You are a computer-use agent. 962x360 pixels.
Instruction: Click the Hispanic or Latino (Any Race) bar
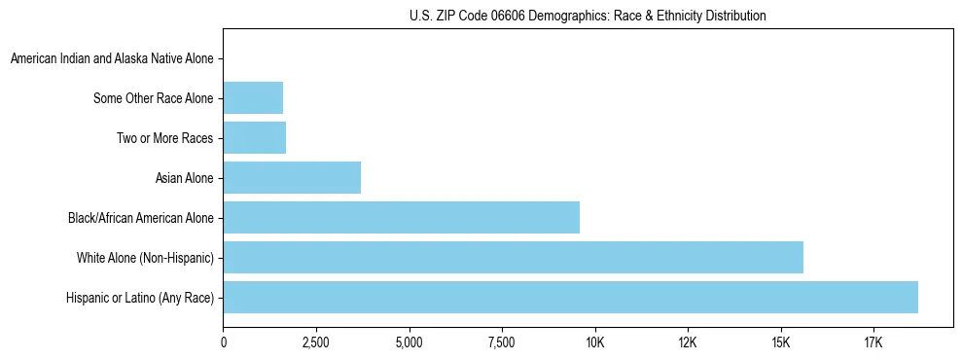[570, 297]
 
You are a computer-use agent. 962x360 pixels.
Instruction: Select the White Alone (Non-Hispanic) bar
[513, 257]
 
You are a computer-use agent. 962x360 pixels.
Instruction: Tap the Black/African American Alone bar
[401, 217]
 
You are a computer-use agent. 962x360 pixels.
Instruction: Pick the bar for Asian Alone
[292, 177]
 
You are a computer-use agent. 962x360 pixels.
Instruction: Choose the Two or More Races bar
[254, 137]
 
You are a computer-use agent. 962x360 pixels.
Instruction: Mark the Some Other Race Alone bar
[253, 98]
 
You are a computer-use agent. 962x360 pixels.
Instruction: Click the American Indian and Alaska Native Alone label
[112, 59]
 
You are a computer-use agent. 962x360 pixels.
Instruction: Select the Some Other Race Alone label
[153, 98]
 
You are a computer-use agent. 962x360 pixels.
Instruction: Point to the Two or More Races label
[164, 138]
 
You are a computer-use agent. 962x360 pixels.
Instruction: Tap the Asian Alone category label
[184, 178]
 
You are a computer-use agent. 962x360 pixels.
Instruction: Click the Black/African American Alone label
[140, 218]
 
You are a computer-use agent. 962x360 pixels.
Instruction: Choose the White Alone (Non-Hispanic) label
[145, 258]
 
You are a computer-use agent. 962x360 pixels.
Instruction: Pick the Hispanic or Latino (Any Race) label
[139, 298]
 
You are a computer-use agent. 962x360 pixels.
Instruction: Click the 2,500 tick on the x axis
[316, 342]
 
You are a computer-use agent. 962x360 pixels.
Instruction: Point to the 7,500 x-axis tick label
[502, 342]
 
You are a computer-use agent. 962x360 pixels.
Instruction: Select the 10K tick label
[594, 342]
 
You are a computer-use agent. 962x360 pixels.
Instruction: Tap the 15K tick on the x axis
[780, 342]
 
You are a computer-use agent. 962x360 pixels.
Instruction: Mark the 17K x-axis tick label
[873, 342]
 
